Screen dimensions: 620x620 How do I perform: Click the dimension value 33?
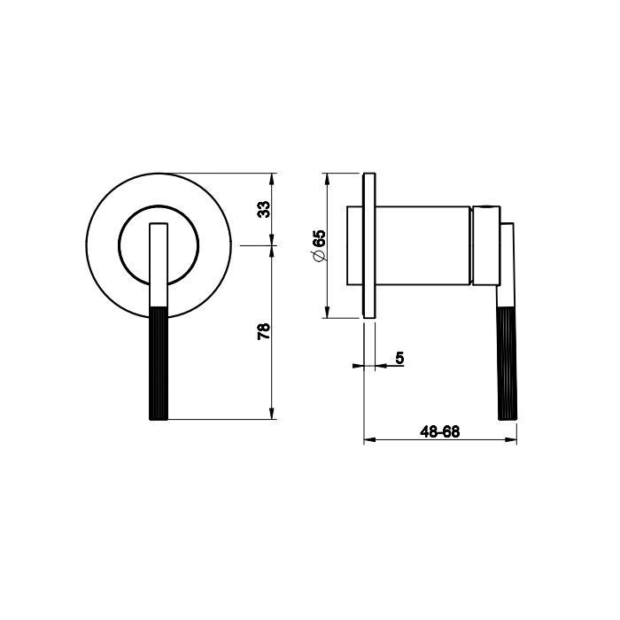(264, 209)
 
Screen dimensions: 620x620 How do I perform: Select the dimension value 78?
(264, 331)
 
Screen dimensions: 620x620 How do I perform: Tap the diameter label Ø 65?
(319, 245)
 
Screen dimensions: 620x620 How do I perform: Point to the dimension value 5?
(399, 358)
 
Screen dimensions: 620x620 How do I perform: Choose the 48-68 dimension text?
(440, 432)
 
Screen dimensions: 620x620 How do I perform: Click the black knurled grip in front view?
(159, 363)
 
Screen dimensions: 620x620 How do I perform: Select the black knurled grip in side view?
(508, 363)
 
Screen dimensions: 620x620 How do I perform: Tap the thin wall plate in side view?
(369, 245)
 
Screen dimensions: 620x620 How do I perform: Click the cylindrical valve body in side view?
(422, 245)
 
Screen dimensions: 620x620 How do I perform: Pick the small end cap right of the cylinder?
(486, 245)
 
